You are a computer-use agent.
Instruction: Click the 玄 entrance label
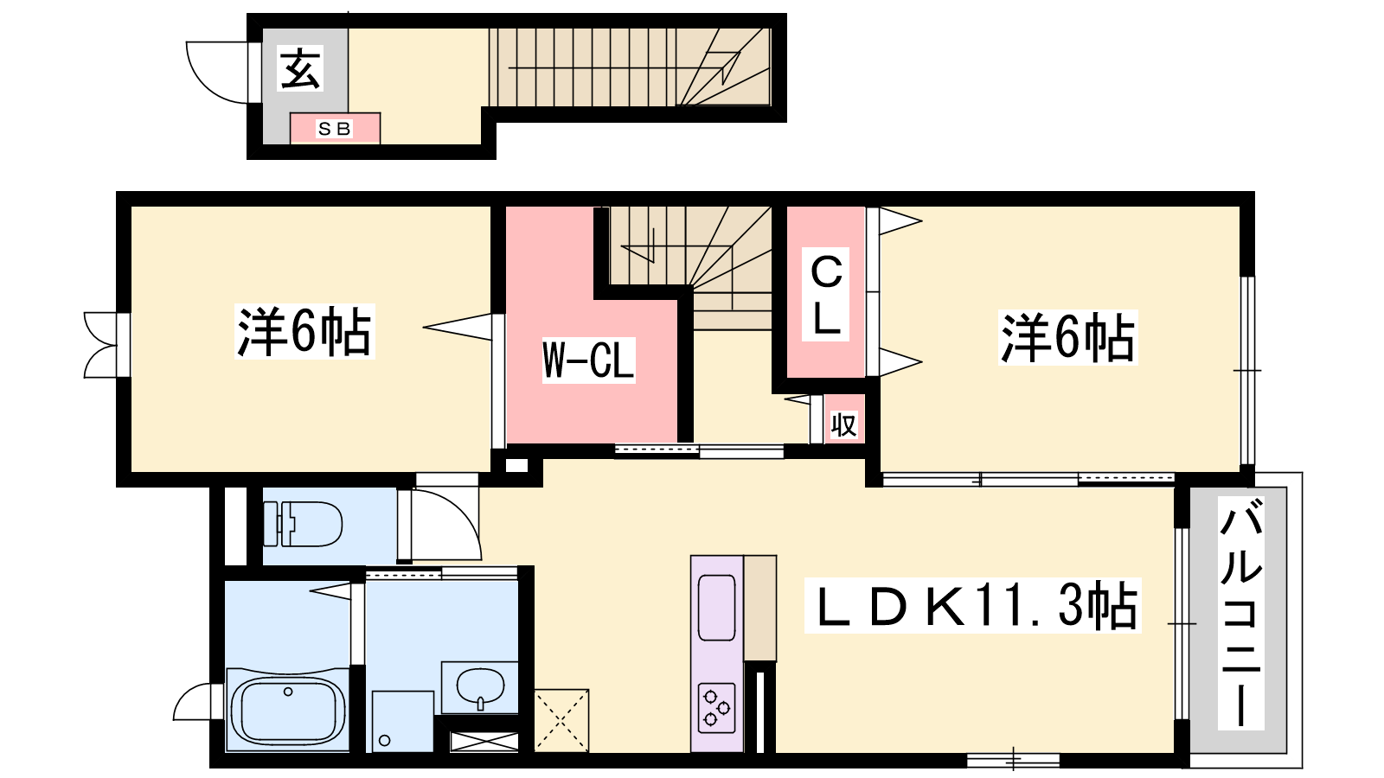pos(300,68)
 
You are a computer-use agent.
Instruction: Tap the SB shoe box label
pos(334,129)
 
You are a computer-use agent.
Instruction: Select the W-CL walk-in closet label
pos(588,360)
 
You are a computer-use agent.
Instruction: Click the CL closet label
pos(826,295)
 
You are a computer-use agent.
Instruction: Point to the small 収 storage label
pos(843,424)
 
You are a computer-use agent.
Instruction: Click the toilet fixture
pos(303,524)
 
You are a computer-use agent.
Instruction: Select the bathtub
pos(288,711)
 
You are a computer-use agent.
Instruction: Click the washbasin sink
pos(480,687)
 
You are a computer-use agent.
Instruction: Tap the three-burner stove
pos(716,708)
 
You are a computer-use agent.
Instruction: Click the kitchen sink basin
pos(716,608)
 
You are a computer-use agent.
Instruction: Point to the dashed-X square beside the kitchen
pos(561,721)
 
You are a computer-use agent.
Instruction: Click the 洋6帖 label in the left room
pos(304,332)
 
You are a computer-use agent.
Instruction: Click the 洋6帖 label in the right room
pos(1067,338)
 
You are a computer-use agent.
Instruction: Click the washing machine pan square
pos(403,721)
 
